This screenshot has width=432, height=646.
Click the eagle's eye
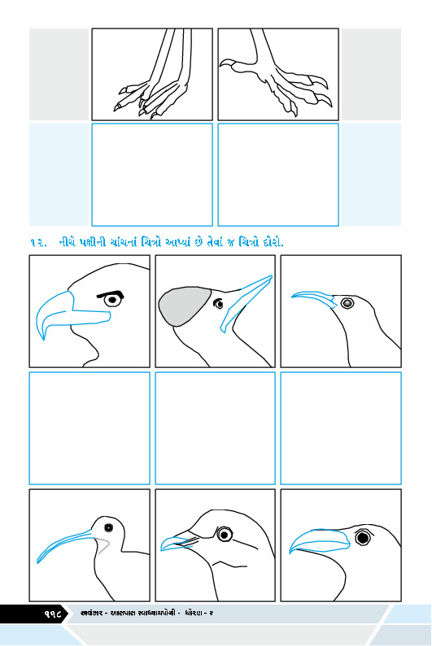click(111, 301)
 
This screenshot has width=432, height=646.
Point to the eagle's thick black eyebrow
click(111, 294)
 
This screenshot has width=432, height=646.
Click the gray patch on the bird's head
click(184, 306)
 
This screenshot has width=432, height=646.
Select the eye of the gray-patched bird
click(218, 304)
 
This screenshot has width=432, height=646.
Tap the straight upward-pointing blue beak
click(247, 303)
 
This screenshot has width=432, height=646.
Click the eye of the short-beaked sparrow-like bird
click(224, 535)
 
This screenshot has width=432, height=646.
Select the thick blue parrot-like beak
click(319, 540)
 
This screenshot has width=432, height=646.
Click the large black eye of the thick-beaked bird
click(363, 537)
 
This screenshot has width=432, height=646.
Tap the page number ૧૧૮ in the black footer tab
click(52, 614)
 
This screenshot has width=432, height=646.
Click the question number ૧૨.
click(38, 243)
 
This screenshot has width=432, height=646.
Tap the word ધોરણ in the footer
click(195, 613)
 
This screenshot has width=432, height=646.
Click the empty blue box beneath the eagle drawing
click(89, 428)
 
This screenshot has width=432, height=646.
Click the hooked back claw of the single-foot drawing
click(228, 64)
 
